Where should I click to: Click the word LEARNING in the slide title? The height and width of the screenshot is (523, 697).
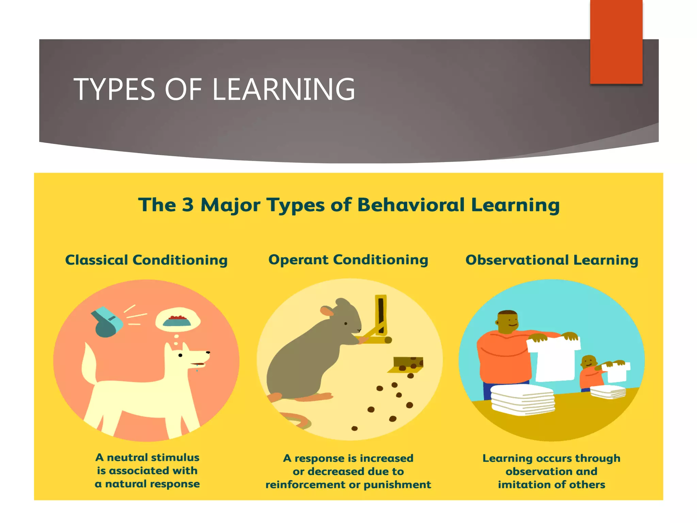point(283,89)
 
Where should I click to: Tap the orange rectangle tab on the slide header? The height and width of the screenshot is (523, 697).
point(616,42)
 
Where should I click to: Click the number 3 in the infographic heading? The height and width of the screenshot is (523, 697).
point(188,205)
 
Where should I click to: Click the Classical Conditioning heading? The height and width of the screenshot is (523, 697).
point(146,260)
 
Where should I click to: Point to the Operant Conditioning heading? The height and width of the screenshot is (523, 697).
point(348,260)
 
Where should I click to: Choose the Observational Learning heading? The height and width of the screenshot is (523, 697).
point(552,260)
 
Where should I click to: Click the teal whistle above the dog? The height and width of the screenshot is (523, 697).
point(107,322)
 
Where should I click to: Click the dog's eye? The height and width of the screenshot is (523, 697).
point(180,355)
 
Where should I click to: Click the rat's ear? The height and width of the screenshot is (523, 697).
point(327,311)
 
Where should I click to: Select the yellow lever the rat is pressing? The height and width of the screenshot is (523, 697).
point(380,318)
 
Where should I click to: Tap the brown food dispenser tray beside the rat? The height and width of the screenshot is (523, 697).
point(408,364)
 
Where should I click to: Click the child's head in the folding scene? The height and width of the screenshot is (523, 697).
point(588,362)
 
